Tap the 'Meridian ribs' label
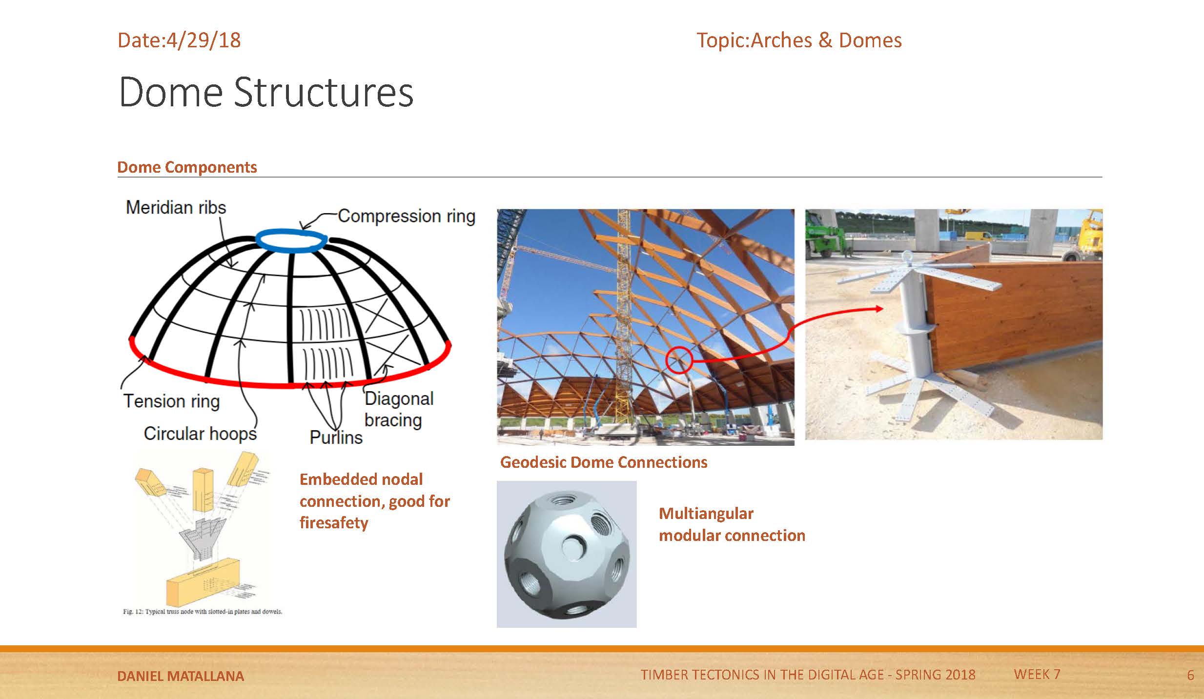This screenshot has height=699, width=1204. click(176, 208)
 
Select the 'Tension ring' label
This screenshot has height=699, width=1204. click(171, 401)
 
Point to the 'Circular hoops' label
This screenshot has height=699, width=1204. click(200, 434)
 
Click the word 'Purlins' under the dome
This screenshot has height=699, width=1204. click(336, 438)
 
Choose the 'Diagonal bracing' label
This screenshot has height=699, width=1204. click(398, 409)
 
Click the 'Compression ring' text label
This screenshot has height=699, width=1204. click(406, 216)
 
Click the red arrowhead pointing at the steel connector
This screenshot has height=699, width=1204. click(879, 308)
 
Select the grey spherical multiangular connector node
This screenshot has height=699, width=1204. click(566, 554)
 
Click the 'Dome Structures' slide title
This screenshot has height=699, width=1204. click(266, 93)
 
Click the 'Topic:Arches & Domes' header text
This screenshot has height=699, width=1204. click(799, 40)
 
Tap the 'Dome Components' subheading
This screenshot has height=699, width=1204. click(187, 167)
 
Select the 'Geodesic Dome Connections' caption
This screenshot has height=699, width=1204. click(603, 462)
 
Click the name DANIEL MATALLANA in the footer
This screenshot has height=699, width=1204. click(181, 676)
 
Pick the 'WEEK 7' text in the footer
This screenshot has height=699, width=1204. click(1037, 675)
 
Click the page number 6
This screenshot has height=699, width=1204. click(1190, 676)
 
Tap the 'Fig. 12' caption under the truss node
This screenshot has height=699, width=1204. click(202, 612)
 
